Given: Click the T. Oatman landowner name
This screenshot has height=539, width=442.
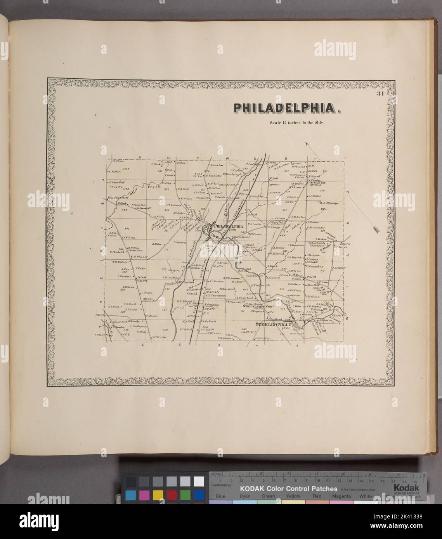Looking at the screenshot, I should [x=212, y=304].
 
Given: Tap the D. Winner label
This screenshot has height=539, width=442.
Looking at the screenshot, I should [x=214, y=333].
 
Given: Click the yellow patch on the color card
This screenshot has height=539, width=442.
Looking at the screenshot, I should [x=158, y=495].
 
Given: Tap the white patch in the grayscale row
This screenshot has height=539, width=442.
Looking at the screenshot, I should [x=199, y=481].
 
